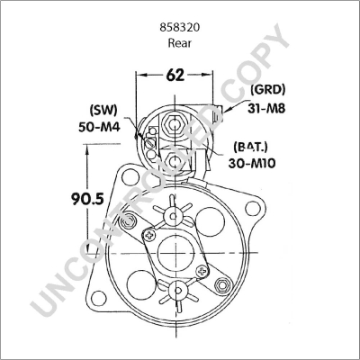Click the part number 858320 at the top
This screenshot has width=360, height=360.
point(180,28)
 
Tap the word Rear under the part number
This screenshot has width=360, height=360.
point(180,43)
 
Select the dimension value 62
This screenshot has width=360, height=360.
point(175,75)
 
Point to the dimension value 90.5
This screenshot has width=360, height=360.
point(87,199)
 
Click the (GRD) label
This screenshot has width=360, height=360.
point(268,90)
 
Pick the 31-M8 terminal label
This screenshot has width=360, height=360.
point(266,108)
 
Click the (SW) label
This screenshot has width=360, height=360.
point(103,110)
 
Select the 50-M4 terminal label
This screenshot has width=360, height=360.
point(99,128)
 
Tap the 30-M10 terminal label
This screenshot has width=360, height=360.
point(252,164)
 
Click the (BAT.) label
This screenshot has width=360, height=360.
point(250,147)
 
